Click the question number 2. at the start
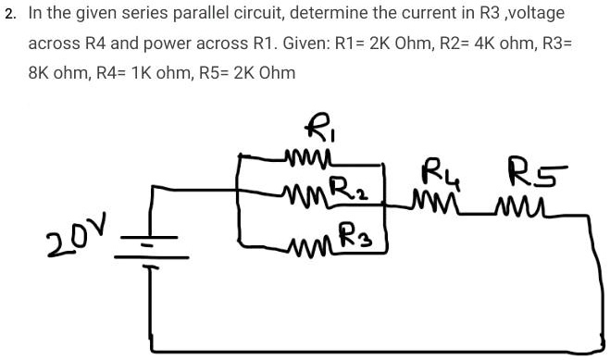(9, 17)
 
